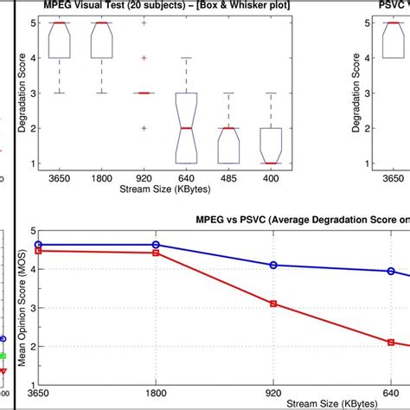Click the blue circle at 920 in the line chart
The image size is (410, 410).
[273, 265]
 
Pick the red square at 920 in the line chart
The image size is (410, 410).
[273, 304]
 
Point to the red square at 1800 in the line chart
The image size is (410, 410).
[156, 253]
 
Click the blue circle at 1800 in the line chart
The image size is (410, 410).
[156, 246]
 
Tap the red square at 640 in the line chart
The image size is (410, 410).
[391, 343]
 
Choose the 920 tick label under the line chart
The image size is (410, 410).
[273, 392]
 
